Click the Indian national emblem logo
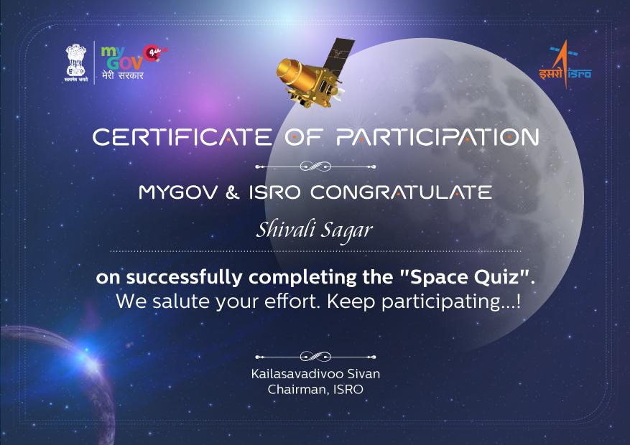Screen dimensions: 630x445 tap(76, 62)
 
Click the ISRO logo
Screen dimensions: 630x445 tap(565, 64)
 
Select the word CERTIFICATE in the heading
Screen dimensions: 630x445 tap(182, 137)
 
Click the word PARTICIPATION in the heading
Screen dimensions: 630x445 tap(437, 137)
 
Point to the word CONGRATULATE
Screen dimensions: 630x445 tap(401, 192)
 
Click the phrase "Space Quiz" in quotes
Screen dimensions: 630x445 tap(464, 277)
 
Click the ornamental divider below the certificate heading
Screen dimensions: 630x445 tap(315, 166)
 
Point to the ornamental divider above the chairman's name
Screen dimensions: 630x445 tap(315, 356)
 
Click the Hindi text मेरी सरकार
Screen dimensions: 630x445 tap(123, 75)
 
